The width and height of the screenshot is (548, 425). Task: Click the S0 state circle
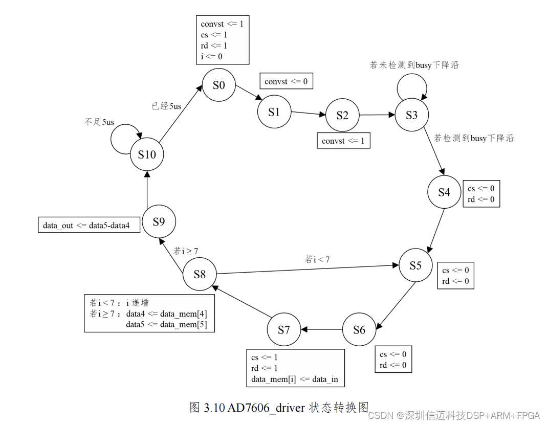click(218, 85)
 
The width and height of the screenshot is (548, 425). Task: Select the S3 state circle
click(411, 115)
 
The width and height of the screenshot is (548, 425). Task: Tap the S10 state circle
click(147, 154)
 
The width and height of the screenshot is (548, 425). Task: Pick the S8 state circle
click(200, 274)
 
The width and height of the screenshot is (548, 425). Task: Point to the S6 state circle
click(359, 330)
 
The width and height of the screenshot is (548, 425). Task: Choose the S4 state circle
click(444, 192)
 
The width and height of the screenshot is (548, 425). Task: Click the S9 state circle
click(159, 222)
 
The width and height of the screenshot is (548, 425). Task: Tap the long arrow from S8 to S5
click(307, 269)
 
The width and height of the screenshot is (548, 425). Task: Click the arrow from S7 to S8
click(240, 302)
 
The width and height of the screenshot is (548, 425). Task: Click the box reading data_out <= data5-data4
click(89, 225)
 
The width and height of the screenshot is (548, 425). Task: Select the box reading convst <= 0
click(286, 81)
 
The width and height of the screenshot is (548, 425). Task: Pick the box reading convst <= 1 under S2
click(343, 141)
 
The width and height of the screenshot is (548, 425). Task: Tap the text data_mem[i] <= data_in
click(295, 379)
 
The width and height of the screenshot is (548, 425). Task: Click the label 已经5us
click(166, 106)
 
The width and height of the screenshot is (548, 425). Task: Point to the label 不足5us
click(99, 122)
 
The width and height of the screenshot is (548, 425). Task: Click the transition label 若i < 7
click(317, 259)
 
